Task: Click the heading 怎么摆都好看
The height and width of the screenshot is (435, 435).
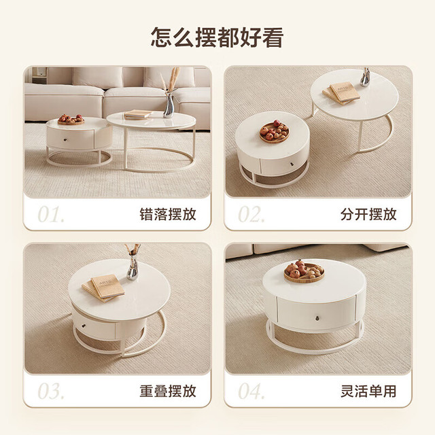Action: click(x=217, y=37)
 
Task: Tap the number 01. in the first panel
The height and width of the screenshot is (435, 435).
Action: click(x=51, y=214)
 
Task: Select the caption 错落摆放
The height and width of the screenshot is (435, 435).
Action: click(x=168, y=214)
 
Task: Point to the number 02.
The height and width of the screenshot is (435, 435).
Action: click(x=251, y=214)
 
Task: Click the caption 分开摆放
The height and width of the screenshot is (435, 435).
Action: click(x=368, y=214)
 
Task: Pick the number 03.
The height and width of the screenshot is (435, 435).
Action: click(x=51, y=391)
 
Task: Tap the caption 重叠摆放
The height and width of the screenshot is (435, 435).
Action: click(x=168, y=391)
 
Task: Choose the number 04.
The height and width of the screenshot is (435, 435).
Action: click(x=251, y=391)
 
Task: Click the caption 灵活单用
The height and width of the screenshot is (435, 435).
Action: click(x=368, y=391)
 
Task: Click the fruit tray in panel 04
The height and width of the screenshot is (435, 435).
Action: click(x=304, y=271)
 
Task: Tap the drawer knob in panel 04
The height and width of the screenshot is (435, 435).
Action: click(x=317, y=318)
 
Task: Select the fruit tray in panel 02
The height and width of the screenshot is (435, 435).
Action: click(x=275, y=131)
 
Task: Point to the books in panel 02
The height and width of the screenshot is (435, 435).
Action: click(x=341, y=93)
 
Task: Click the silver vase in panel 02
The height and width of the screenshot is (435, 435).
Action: click(x=365, y=77)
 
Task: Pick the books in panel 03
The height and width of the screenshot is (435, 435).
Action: click(x=103, y=288)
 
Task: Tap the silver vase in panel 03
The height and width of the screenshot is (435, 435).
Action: click(x=133, y=267)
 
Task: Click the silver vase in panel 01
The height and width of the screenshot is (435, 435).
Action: click(x=169, y=106)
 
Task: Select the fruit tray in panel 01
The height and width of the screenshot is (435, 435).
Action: click(x=71, y=120)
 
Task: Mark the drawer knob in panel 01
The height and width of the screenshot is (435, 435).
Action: click(x=66, y=140)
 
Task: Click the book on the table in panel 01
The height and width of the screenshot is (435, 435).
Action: click(x=138, y=114)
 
